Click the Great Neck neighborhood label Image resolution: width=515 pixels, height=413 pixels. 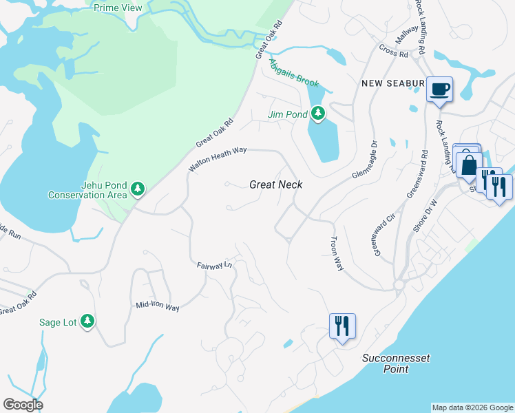(275, 184)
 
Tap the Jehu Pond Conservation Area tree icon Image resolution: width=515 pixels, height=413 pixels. (138, 188)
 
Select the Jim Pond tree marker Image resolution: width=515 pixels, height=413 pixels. (317, 113)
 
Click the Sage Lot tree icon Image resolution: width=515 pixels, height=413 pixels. (87, 320)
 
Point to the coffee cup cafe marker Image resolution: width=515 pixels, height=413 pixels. (439, 89)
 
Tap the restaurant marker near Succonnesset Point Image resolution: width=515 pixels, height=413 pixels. (342, 325)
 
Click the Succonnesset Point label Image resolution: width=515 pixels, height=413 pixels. (386, 363)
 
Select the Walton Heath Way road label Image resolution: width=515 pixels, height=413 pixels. (218, 159)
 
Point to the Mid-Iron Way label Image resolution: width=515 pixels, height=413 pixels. (158, 306)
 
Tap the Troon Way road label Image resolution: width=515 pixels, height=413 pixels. (336, 255)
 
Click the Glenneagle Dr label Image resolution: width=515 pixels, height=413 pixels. (366, 160)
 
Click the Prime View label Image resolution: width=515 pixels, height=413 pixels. (118, 8)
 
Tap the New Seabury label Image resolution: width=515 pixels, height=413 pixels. (392, 83)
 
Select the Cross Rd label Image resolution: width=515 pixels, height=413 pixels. (393, 50)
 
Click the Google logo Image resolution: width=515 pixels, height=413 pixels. (23, 405)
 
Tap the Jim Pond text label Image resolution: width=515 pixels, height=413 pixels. (287, 114)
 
